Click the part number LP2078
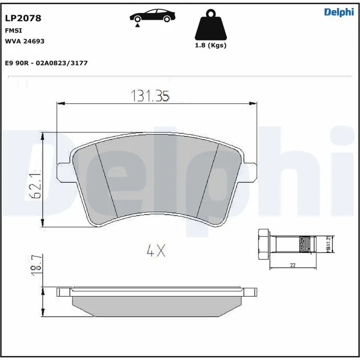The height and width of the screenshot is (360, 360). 23,18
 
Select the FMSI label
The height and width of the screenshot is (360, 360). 12,31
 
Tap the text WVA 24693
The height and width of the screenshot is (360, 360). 24,41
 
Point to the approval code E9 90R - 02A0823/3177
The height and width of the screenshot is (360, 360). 46,64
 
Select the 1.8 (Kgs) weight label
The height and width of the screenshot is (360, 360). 210,45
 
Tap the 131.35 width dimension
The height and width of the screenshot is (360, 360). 150,95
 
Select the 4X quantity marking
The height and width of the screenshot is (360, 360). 155,250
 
